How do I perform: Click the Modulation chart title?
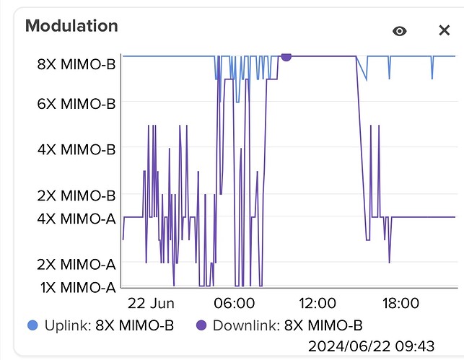tap(71, 26)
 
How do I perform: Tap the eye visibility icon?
tap(400, 30)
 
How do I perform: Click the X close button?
tap(445, 30)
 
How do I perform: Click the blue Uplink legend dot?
tap(33, 325)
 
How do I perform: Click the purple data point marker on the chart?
tap(286, 56)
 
